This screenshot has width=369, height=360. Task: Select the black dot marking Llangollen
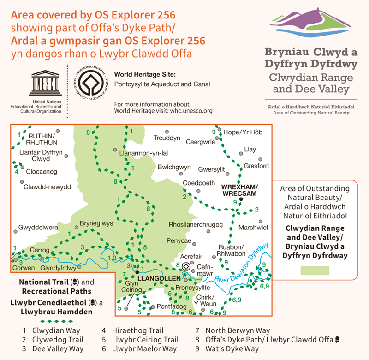[137, 273]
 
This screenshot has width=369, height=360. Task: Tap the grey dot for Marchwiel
[261, 222]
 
